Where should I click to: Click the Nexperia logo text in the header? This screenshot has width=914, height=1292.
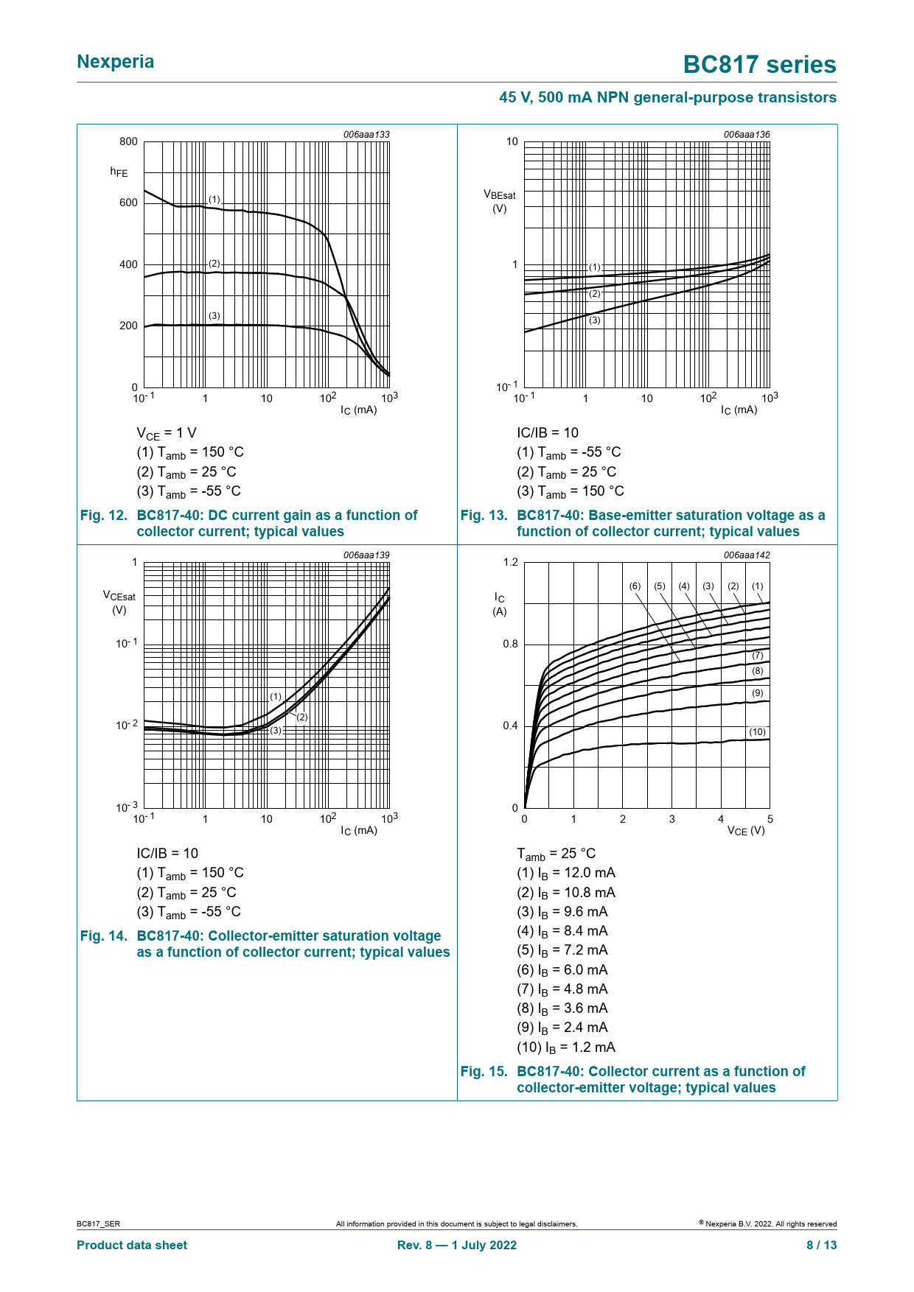point(116,62)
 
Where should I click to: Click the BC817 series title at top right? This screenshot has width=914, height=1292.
point(759,65)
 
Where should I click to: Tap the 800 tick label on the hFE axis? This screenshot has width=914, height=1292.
point(128,141)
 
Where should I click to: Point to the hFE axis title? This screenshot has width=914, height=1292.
point(119,172)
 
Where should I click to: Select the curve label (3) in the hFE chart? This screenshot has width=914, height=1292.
point(214,316)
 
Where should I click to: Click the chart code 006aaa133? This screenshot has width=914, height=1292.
point(366,135)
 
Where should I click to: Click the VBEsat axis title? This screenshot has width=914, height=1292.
point(500,201)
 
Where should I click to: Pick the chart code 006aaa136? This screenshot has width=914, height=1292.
point(747,135)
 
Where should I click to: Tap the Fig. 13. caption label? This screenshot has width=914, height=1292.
point(484,516)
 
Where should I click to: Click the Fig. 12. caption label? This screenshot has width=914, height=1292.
point(104,516)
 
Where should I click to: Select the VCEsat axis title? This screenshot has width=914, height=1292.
point(119,602)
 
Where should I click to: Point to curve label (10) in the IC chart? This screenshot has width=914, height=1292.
point(757,732)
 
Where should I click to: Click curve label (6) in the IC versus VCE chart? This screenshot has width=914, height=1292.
point(635,586)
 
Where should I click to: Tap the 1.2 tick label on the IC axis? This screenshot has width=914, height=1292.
point(510,563)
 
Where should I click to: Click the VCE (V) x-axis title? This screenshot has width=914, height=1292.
point(746,831)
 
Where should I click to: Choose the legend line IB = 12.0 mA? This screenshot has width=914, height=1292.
point(566,873)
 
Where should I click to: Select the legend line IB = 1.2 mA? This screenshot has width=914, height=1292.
point(566,1047)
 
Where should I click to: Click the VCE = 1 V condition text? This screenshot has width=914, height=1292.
point(167,433)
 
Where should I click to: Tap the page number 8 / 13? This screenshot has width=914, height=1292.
point(821,1245)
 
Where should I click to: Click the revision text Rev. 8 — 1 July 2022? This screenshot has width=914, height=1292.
point(457,1245)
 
